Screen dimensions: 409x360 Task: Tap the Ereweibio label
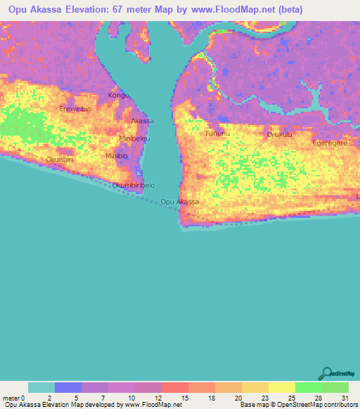point(75,109)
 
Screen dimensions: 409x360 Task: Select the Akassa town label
point(143,121)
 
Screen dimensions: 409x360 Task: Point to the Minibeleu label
point(134,138)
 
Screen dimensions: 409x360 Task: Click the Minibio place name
point(117,155)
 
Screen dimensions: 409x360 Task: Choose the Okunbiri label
point(60,160)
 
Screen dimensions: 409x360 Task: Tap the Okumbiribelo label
point(134,186)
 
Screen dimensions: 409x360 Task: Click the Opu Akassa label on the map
point(180,202)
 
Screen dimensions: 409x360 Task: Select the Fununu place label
point(217,133)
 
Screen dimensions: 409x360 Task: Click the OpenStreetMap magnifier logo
point(326,373)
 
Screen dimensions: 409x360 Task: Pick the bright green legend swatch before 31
point(308,387)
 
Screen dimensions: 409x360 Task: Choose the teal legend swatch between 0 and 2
point(41,387)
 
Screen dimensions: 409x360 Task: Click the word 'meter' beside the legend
point(11,398)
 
